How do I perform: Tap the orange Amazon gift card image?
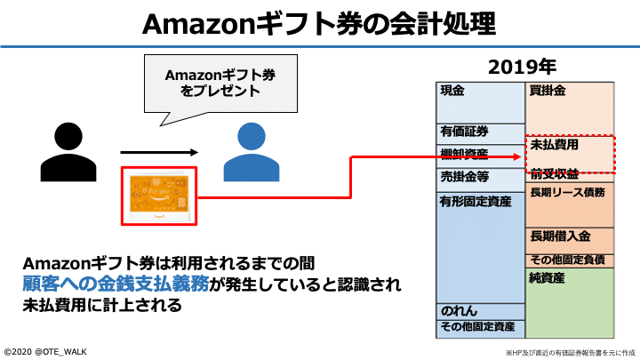coord(157,196)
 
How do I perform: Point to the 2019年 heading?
coord(524,67)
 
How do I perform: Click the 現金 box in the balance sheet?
coord(480,101)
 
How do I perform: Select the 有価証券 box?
coord(480,132)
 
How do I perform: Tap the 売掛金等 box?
coord(480,177)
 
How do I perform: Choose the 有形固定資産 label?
coord(476,202)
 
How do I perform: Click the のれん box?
coord(480,311)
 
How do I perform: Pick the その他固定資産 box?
coord(480,327)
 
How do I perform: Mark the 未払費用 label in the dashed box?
coord(555,143)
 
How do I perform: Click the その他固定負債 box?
coord(570,260)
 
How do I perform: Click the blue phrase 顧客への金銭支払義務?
coord(115,284)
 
